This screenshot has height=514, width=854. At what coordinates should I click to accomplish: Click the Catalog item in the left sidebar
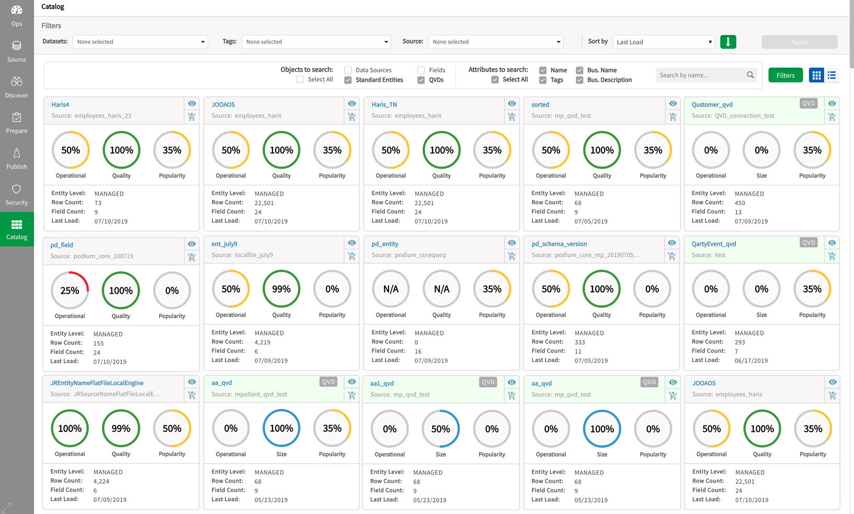17,229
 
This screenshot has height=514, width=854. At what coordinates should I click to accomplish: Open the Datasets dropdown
140,42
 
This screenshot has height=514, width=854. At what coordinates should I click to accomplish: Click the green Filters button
785,75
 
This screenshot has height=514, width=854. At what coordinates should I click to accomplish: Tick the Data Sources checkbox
348,70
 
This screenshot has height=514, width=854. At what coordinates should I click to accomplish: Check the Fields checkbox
421,70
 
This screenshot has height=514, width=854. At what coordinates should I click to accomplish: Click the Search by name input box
701,75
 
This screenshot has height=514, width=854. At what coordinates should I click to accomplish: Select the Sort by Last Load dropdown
663,42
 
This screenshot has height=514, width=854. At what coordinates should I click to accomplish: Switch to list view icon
832,75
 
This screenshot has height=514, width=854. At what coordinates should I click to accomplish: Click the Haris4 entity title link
60,105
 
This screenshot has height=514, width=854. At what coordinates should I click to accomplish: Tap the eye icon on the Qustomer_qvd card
832,104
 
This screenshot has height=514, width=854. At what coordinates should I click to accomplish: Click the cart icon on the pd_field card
192,257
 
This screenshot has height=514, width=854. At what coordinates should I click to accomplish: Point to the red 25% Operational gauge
70,290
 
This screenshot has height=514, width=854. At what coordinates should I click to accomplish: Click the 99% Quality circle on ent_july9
281,289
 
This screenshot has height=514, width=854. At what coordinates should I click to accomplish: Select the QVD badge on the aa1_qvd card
488,382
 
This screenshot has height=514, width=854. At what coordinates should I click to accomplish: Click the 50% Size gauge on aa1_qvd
440,429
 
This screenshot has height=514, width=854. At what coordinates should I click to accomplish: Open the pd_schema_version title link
559,244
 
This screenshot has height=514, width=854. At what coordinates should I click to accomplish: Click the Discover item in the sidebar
17,87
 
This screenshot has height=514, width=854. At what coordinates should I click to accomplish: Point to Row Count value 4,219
263,342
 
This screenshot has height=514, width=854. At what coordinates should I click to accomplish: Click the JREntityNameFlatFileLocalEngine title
97,383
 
